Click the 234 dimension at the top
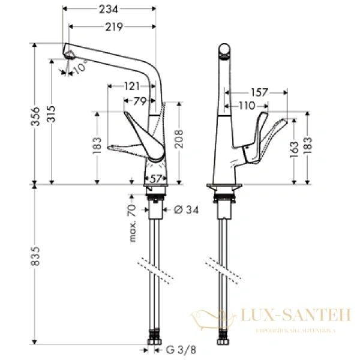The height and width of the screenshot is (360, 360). pyautogui.click(x=108, y=8)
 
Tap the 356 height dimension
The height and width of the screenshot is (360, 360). pyautogui.click(x=35, y=113)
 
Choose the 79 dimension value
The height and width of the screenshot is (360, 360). pyautogui.click(x=139, y=101)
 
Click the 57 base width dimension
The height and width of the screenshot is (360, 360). pyautogui.click(x=155, y=179)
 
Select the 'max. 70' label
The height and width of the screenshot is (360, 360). pyautogui.click(x=133, y=223)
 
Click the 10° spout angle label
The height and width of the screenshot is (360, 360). pyautogui.click(x=80, y=68)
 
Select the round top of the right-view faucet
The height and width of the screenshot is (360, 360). pyautogui.click(x=224, y=50)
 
